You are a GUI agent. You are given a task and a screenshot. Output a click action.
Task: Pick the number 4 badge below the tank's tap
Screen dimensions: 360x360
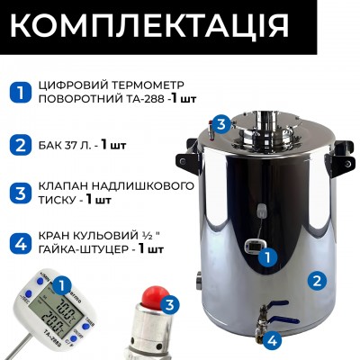(271, 340)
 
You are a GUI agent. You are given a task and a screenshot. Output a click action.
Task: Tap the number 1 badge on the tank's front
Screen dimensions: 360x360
(265, 256)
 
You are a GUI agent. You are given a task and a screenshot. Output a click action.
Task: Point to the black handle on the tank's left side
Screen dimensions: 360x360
(191, 158)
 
